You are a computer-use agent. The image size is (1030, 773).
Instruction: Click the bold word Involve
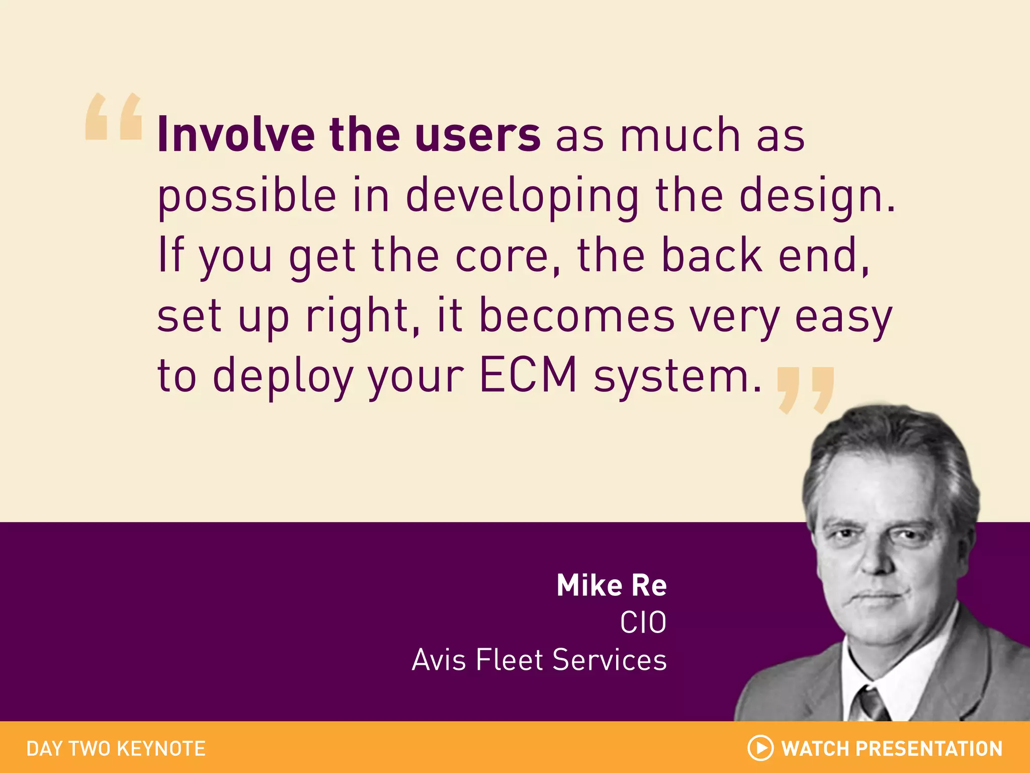236,135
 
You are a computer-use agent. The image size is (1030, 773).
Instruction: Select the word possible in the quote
246,196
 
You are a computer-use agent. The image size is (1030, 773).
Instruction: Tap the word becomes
576,316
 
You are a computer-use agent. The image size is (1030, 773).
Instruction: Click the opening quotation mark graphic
114,117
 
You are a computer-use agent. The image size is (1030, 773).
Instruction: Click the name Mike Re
612,586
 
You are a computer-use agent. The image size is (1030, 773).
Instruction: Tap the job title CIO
643,623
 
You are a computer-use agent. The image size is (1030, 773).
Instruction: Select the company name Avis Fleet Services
539,660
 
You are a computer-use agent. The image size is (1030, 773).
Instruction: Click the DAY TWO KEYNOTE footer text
116,749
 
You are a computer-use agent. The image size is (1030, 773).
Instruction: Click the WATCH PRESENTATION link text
892,749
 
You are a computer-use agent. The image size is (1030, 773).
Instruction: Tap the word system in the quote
677,376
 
